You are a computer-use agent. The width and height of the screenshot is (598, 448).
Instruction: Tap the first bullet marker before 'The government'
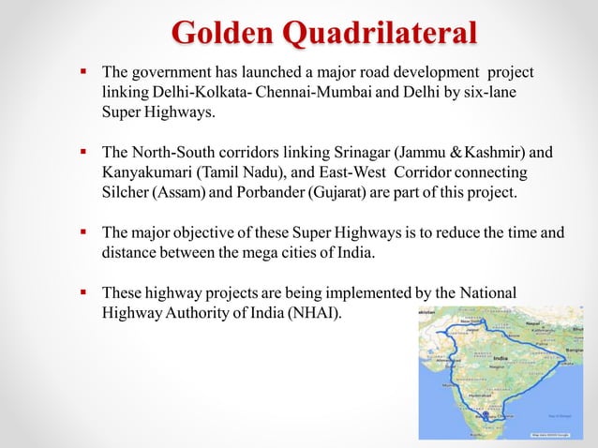coord(82,71)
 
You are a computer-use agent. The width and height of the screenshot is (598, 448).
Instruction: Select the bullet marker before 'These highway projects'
coord(82,291)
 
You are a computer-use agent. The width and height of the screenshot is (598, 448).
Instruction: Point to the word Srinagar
coord(359,153)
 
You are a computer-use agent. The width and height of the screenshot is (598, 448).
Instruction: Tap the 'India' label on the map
coord(501,359)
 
